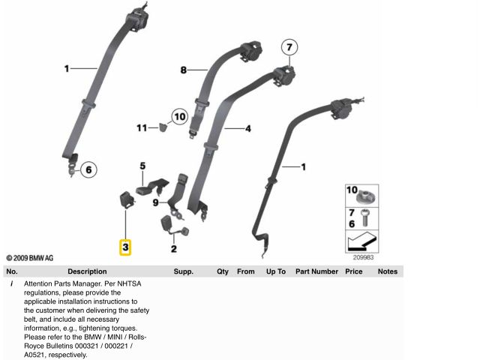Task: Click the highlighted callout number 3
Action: (x=125, y=246)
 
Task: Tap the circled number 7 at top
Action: (x=289, y=48)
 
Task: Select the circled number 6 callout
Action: (x=87, y=169)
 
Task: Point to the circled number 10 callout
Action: (x=178, y=116)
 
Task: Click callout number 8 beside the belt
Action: (x=183, y=70)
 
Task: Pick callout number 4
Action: (x=248, y=128)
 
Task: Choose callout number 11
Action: (x=142, y=128)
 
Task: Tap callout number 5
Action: (x=141, y=165)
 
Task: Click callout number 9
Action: (x=155, y=202)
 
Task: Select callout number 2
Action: (x=173, y=250)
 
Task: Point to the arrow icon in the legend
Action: (x=361, y=241)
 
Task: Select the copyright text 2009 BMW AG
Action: (x=30, y=257)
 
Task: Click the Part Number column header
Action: (x=316, y=271)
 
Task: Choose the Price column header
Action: (x=354, y=271)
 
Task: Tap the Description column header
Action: (x=87, y=271)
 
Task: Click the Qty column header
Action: (x=223, y=271)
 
